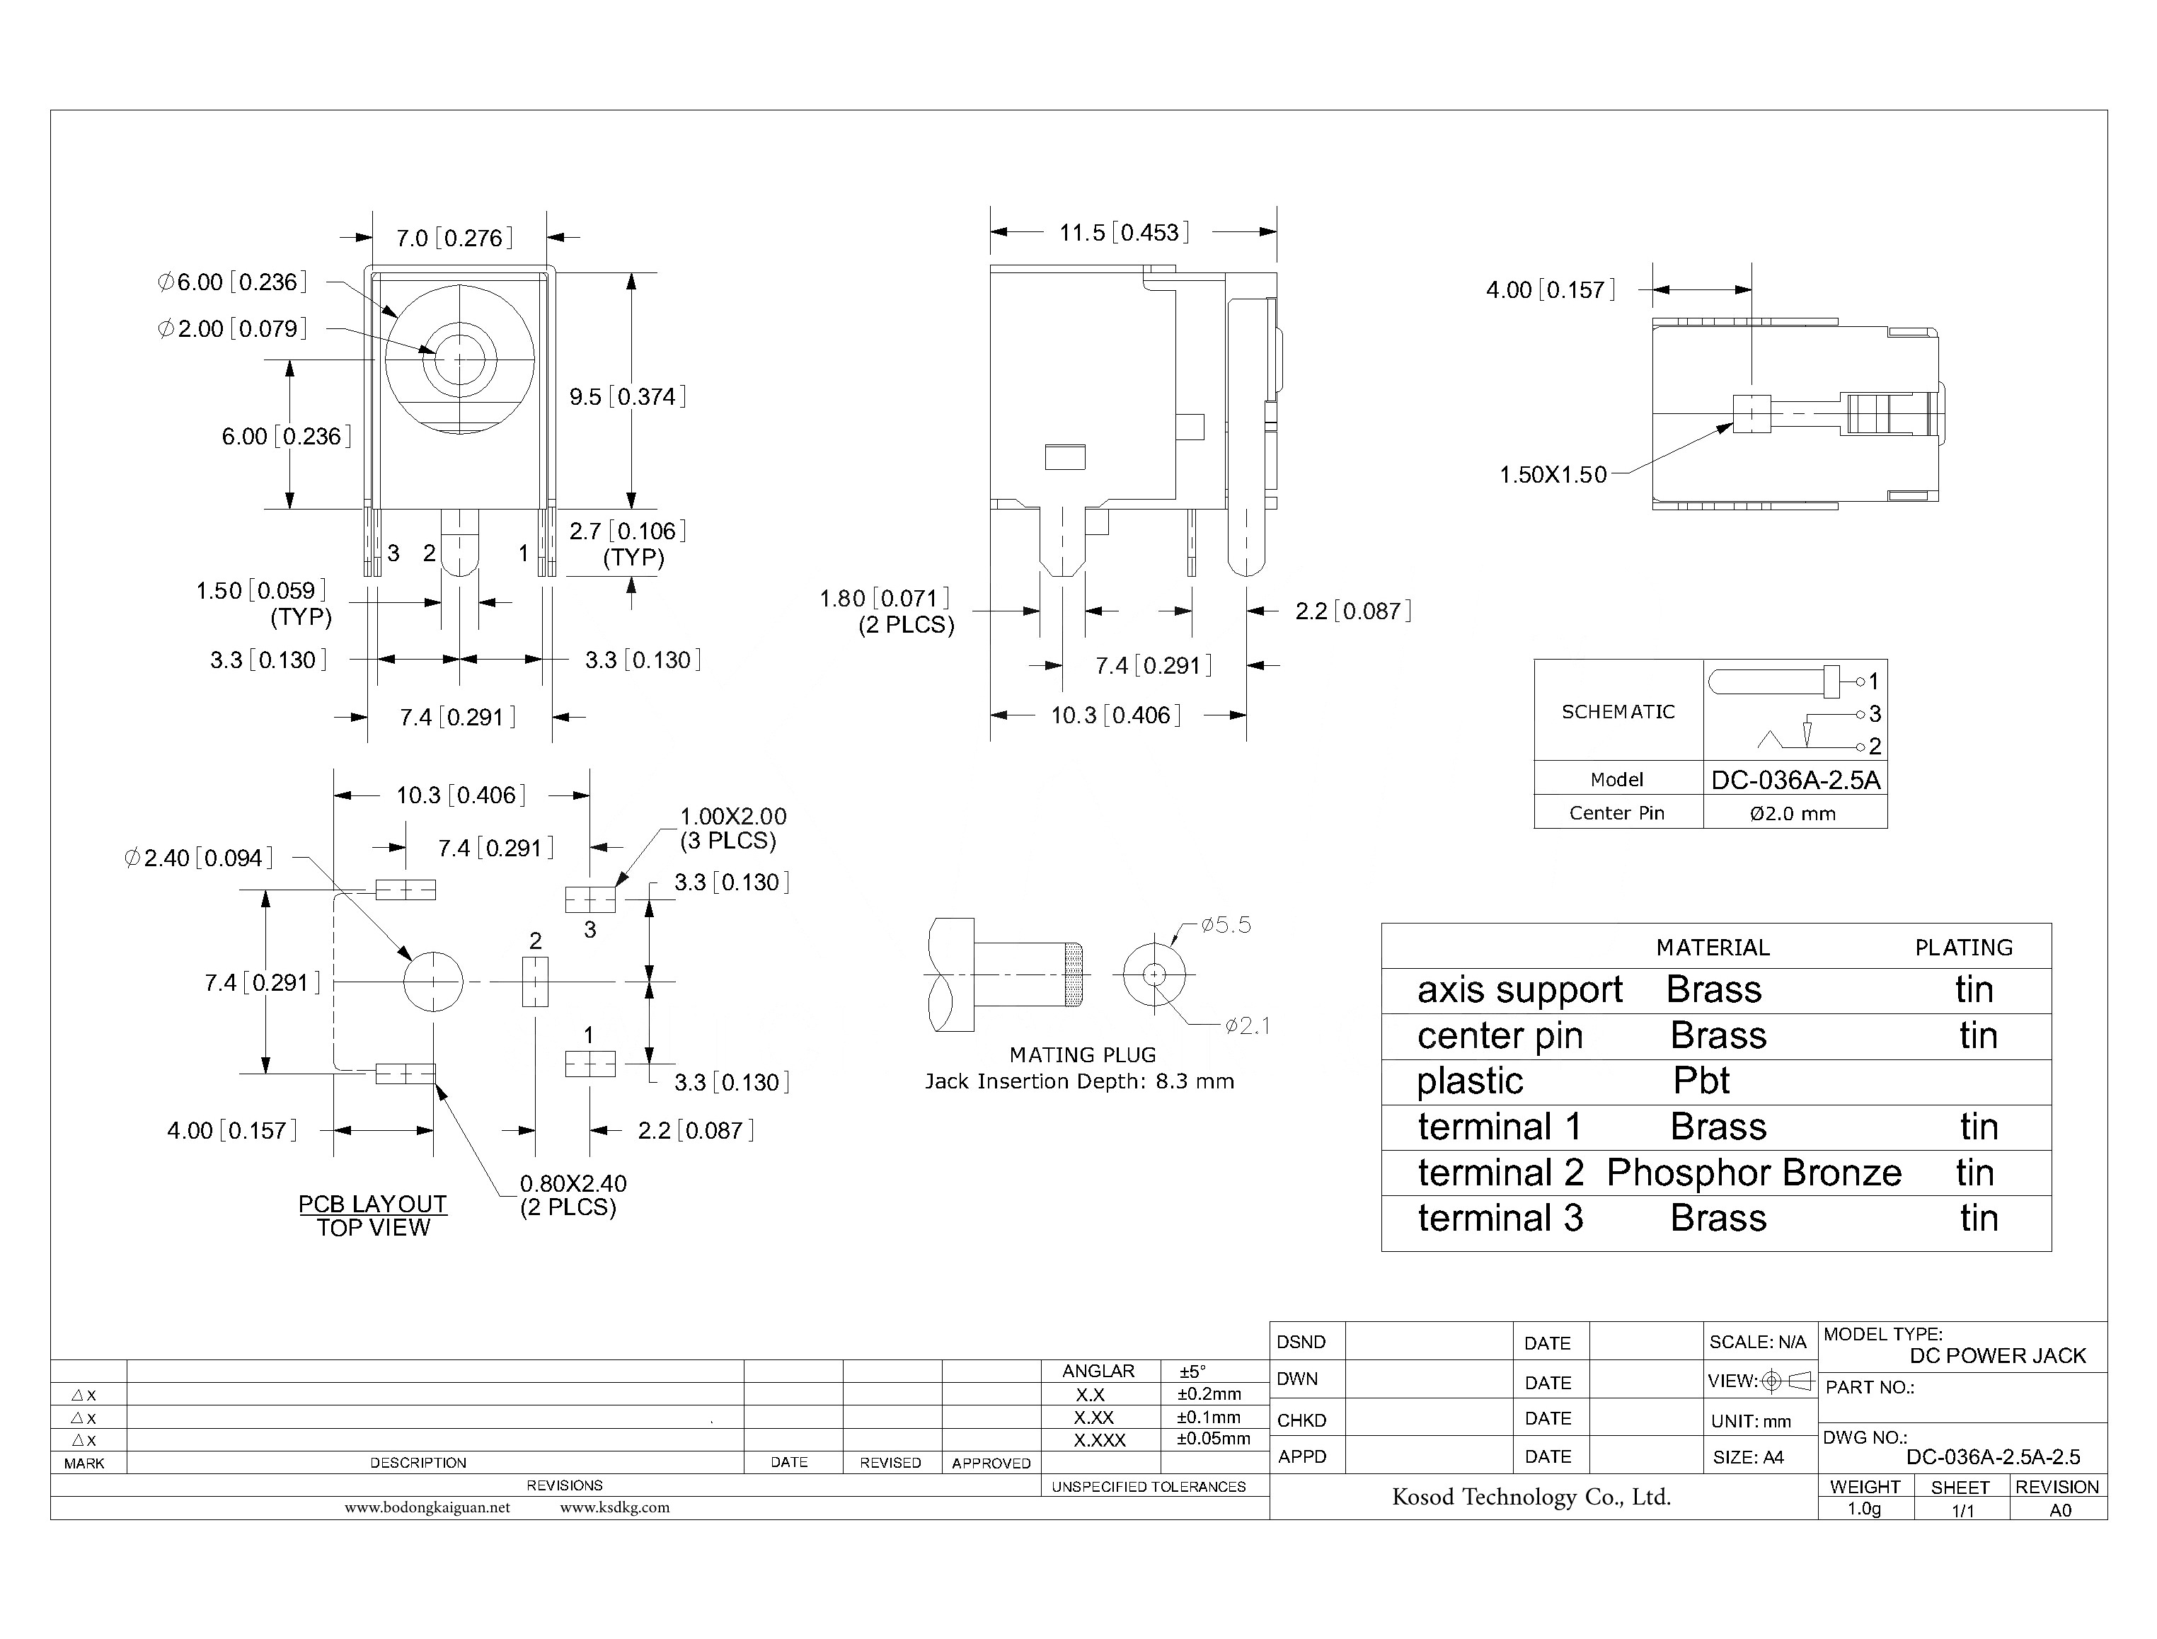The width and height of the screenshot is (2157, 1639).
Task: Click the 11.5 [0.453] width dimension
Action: [x=1124, y=232]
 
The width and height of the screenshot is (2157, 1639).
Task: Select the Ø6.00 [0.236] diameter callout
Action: [x=232, y=282]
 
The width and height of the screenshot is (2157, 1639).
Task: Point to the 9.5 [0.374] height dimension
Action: [x=627, y=397]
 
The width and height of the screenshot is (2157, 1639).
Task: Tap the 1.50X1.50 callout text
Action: [x=1552, y=475]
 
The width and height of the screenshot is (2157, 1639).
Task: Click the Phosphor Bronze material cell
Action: [x=1753, y=1173]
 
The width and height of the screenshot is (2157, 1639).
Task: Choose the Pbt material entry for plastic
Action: [x=1701, y=1081]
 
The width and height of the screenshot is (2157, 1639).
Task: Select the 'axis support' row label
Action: [x=1519, y=990]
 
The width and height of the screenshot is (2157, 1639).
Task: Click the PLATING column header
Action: [x=1963, y=948]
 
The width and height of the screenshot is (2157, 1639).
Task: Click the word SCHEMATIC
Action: [x=1618, y=712]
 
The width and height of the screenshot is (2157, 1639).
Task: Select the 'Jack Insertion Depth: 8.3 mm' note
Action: [x=1079, y=1081]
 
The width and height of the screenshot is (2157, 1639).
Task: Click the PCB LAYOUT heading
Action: [x=373, y=1204]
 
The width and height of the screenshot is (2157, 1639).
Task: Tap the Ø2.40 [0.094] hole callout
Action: [x=199, y=858]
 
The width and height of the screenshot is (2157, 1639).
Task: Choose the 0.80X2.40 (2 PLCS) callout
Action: [x=572, y=1195]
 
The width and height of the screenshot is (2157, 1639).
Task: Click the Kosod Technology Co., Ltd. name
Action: [x=1531, y=1497]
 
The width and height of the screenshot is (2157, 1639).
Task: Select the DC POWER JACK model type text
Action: [x=1997, y=1356]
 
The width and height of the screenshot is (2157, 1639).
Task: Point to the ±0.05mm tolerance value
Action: [x=1213, y=1439]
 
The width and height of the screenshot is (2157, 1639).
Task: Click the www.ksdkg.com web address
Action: [x=614, y=1507]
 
